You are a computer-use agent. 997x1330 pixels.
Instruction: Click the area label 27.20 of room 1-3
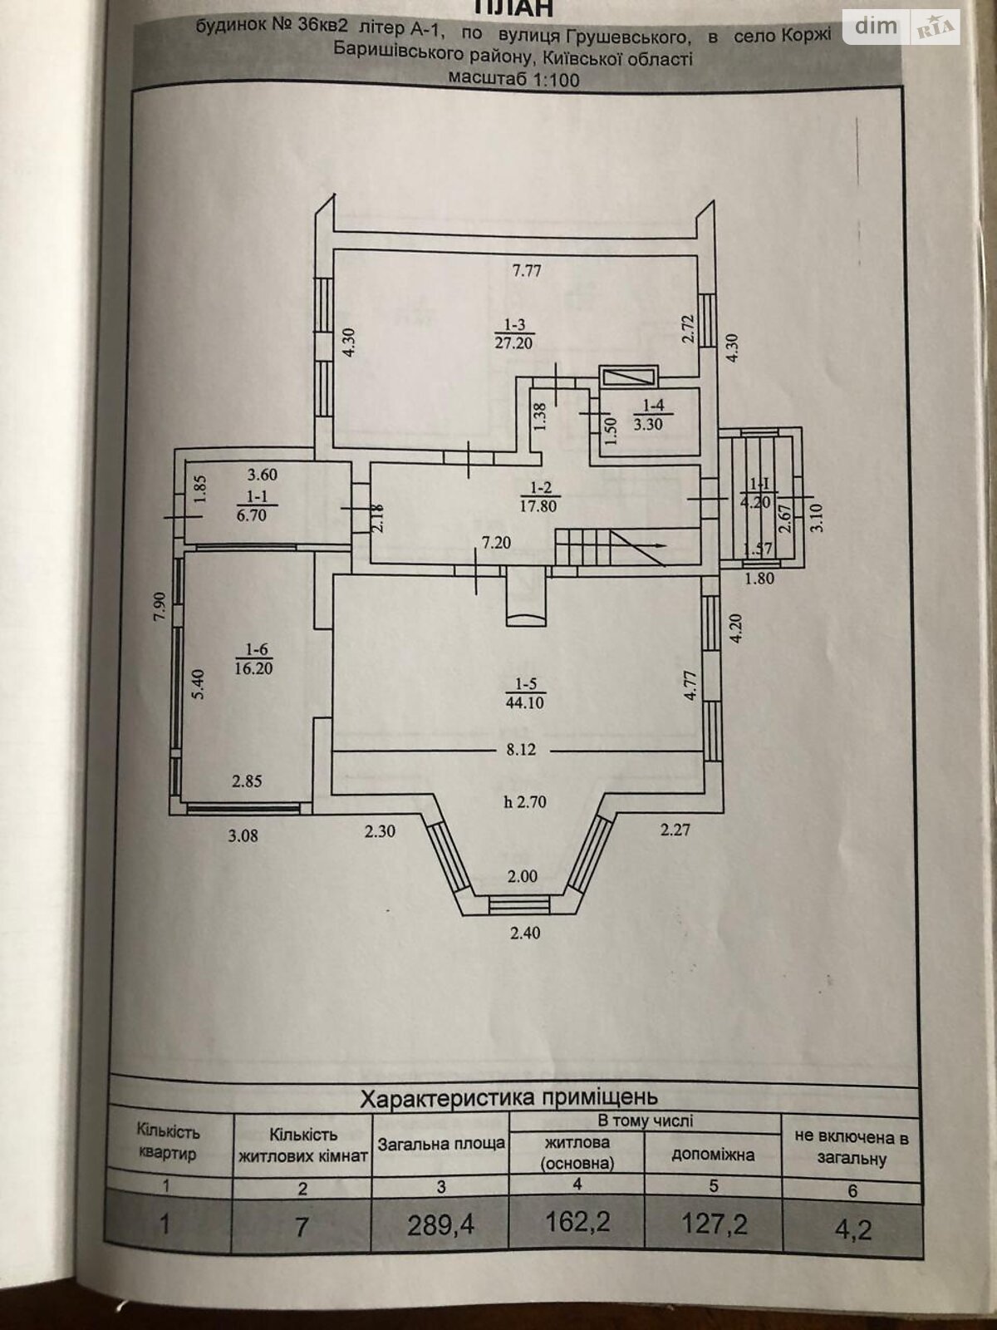click(513, 343)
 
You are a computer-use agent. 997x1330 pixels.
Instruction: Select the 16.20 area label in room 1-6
click(255, 668)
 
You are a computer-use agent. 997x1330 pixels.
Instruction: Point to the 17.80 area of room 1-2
click(538, 505)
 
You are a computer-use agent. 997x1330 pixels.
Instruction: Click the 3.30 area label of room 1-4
click(648, 424)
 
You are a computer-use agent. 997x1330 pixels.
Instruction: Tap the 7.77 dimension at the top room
click(527, 271)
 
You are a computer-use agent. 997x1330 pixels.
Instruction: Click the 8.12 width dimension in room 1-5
click(522, 750)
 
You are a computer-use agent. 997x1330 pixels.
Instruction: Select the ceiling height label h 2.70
click(525, 802)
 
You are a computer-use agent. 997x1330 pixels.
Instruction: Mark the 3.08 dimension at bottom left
click(243, 835)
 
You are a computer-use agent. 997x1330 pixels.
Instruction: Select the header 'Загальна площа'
click(440, 1144)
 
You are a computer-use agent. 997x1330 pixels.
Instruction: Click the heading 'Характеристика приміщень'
click(509, 1097)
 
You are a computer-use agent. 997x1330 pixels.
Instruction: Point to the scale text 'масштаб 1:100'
click(513, 79)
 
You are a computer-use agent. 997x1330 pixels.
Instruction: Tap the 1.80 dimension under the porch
click(759, 578)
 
